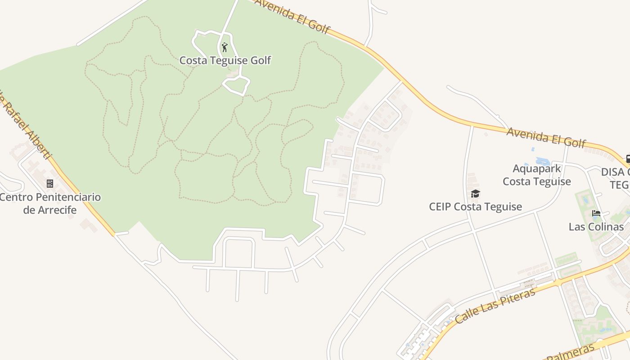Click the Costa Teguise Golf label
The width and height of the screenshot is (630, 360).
225,60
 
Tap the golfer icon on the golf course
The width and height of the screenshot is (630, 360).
225,47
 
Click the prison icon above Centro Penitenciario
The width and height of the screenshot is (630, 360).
50,184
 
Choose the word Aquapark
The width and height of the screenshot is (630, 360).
537,169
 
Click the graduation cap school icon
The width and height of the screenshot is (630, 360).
475,194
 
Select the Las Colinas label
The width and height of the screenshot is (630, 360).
596,226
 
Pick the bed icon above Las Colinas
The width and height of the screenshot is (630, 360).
596,213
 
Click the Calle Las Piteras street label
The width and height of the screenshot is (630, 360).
495,306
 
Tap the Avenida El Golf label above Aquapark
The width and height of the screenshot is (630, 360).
546,137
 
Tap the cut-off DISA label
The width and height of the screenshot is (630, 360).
615,172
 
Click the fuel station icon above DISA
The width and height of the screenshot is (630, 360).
628,159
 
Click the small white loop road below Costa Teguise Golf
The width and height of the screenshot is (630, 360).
236,85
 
